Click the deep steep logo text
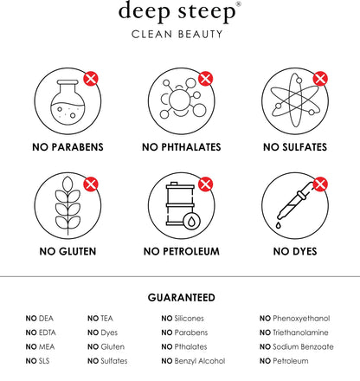coord(177,12)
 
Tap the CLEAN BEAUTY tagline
coord(177,35)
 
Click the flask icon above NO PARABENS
coord(67,100)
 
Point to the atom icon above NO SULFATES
coord(295,100)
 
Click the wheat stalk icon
coord(67,205)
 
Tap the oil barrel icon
coord(183,205)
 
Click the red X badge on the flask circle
coord(91,79)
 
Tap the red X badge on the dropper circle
coord(320,184)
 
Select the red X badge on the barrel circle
coord(206,184)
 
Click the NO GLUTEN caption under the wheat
coord(67,251)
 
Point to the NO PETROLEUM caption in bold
coord(182,251)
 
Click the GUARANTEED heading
coord(182,298)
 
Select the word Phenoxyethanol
coord(301,319)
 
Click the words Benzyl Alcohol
coord(200,361)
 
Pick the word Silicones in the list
coord(190,319)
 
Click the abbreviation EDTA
coord(47,333)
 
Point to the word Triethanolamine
coord(300,333)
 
